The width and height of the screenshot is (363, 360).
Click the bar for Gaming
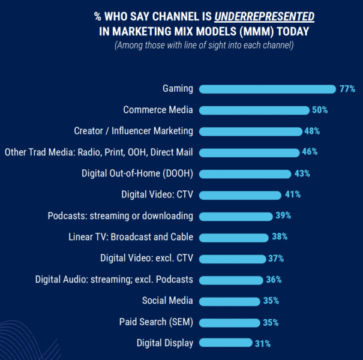point(268,89)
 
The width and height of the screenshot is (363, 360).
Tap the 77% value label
point(347,89)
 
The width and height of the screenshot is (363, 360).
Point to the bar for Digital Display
point(226,344)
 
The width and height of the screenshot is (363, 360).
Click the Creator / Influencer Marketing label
point(133,131)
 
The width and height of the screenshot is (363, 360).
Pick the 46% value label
point(310,152)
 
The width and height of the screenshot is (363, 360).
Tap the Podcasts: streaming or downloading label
point(120,216)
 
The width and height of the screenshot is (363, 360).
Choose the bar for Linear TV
point(234,238)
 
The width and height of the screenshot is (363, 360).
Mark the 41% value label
point(293,195)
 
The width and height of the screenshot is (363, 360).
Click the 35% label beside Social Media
point(271,301)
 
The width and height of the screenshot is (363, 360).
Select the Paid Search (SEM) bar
point(229,323)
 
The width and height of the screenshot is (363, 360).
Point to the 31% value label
point(262,344)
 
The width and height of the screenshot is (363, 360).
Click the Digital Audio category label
point(114,280)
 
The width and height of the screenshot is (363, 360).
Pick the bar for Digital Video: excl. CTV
point(233,259)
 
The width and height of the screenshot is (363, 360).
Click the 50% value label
point(319,110)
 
